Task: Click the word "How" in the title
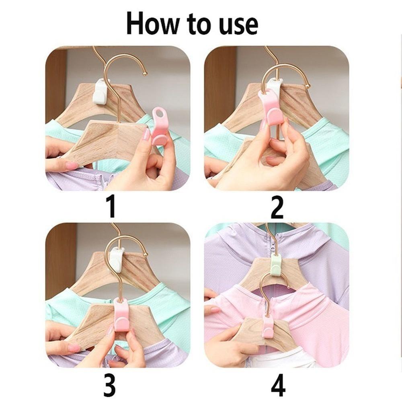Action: pyautogui.click(x=152, y=24)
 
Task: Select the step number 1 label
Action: pyautogui.click(x=111, y=206)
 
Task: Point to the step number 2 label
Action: pyautogui.click(x=277, y=207)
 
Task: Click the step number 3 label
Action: pyautogui.click(x=109, y=385)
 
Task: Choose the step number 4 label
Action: pyautogui.click(x=278, y=385)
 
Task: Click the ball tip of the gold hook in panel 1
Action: pyautogui.click(x=145, y=74)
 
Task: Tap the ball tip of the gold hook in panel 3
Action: pyautogui.click(x=145, y=254)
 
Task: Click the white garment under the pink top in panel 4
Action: pyautogui.click(x=282, y=356)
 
